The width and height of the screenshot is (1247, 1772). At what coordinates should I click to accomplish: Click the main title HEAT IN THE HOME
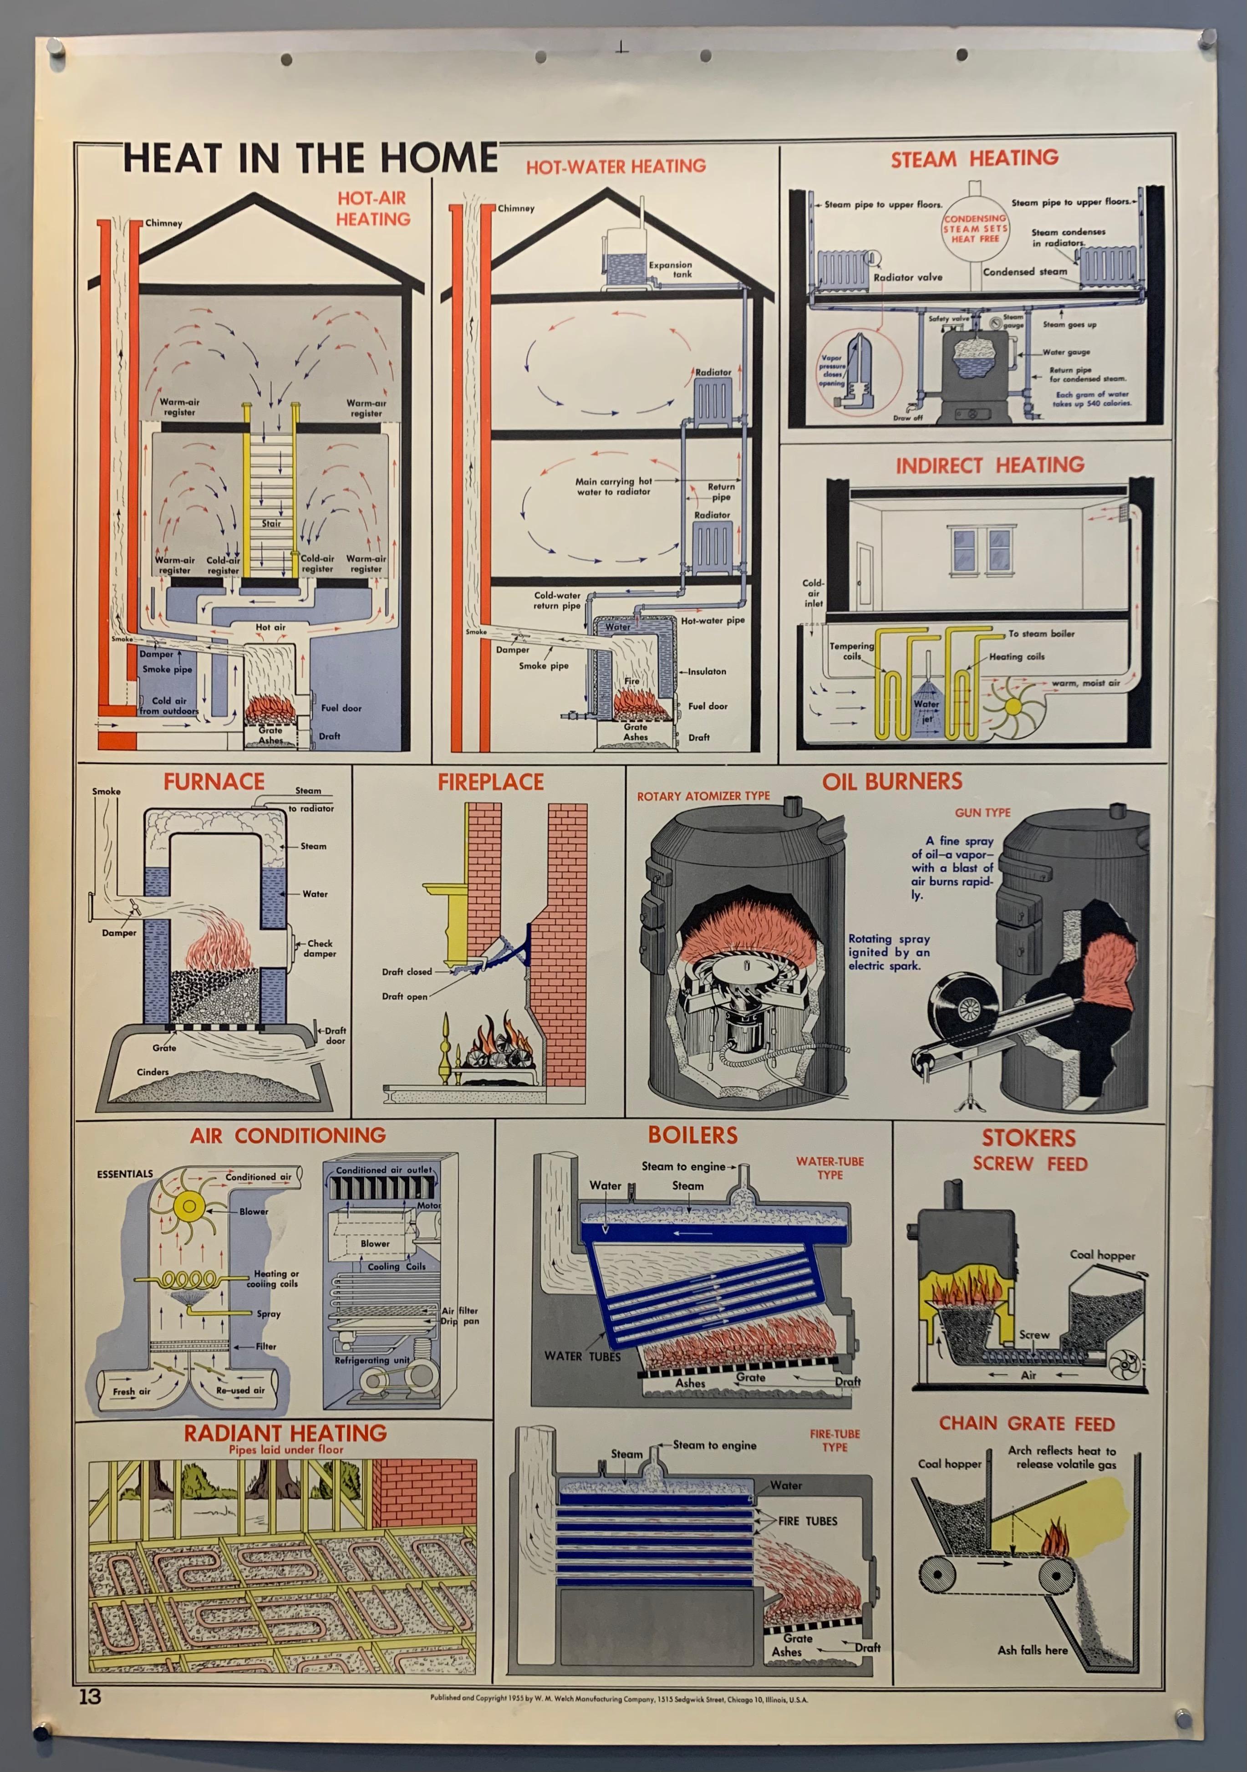(x=310, y=158)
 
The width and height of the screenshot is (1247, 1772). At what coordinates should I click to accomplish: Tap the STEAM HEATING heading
(x=975, y=159)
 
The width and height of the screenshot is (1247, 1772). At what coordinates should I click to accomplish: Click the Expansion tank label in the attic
(x=670, y=269)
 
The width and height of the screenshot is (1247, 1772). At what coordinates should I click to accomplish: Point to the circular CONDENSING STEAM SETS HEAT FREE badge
(x=975, y=229)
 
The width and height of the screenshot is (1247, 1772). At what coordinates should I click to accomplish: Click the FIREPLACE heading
(x=491, y=782)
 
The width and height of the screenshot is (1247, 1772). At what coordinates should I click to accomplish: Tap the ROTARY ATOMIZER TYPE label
(x=703, y=796)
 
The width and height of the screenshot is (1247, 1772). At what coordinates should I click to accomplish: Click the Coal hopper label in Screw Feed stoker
(x=1102, y=1255)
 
